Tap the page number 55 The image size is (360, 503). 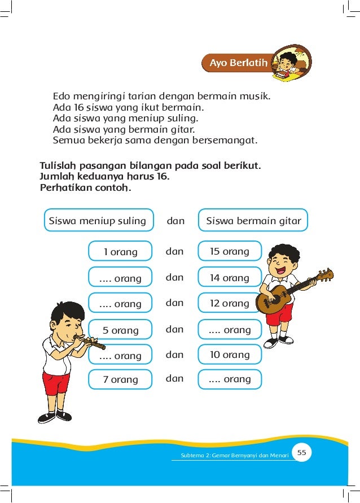coord(301,453)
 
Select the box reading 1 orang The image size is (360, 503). coord(120,252)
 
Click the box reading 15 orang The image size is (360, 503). coord(230,252)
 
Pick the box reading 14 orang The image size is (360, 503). coord(230,278)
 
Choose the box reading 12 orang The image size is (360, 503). coord(230,303)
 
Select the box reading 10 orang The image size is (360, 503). coord(230,355)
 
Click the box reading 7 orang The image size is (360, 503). coord(120,379)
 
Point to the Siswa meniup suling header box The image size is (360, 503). coord(98,221)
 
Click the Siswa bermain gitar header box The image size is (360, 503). coord(253,221)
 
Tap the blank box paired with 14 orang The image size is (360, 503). coord(120,278)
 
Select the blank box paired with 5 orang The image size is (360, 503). coord(230,330)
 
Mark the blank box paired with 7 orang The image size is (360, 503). coord(230,379)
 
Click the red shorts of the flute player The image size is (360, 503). coord(56,383)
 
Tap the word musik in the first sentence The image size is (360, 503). coord(256,96)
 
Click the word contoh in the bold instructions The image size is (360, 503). coord(113,187)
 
